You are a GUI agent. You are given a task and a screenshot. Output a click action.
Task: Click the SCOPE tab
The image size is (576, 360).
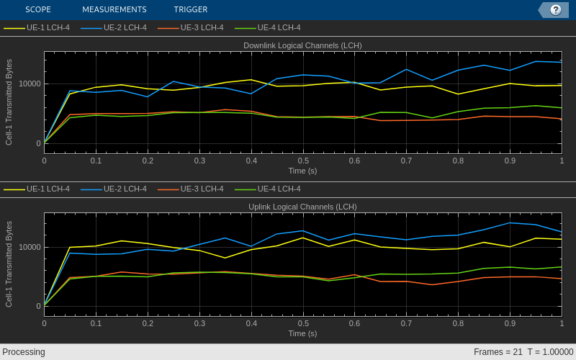[x=38, y=9]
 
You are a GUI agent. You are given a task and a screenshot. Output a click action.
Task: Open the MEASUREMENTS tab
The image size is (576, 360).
[x=114, y=9]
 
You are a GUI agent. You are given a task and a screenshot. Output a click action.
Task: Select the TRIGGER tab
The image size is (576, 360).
[x=191, y=9]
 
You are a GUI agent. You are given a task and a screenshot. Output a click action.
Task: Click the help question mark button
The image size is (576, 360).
[x=555, y=9]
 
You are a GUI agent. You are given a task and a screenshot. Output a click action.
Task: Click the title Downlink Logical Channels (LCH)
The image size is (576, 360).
[x=302, y=45]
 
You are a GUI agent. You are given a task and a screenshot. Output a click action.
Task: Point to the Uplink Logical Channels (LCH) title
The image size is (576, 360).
[x=302, y=207]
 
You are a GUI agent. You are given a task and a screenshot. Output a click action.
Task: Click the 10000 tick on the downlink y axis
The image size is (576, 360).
[x=30, y=84]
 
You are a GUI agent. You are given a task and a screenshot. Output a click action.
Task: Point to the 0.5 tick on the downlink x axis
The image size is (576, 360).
[x=303, y=161]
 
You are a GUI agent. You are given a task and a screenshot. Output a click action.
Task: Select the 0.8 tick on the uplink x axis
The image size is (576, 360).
[x=458, y=323]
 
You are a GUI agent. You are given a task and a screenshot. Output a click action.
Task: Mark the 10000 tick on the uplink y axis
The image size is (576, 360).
[x=30, y=247]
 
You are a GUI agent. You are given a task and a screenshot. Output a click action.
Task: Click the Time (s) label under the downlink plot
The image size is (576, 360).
[x=302, y=171]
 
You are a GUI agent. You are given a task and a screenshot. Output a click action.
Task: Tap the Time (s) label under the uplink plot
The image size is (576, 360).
[x=302, y=333]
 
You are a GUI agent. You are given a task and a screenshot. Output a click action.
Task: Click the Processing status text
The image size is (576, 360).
[x=24, y=352]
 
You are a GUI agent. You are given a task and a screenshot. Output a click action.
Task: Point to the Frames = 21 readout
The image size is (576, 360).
[x=498, y=352]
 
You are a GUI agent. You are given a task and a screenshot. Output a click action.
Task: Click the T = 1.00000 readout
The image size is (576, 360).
[x=551, y=352]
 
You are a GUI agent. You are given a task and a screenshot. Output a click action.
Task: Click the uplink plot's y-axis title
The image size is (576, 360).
[x=9, y=264]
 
